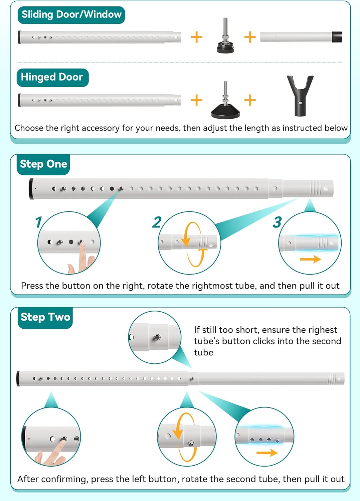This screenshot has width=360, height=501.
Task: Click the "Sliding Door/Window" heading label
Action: click(71, 15)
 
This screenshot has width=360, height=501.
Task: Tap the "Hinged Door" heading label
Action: click(52, 77)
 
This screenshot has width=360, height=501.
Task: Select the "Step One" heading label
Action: click(43, 164)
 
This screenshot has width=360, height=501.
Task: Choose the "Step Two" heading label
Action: click(45, 317)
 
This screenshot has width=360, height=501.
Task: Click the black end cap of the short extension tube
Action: click(337, 37)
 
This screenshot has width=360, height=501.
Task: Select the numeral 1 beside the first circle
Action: click(38, 222)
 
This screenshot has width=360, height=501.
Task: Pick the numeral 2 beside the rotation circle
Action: click(157, 222)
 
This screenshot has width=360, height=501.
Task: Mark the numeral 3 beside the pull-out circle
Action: click(277, 222)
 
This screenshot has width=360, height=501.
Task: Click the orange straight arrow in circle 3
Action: click(310, 259)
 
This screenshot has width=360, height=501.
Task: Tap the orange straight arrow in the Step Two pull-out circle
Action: click(267, 453)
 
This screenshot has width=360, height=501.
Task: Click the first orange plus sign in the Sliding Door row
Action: click(197, 37)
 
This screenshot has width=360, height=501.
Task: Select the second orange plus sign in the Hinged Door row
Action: click(250, 100)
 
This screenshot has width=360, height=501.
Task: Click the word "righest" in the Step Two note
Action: click(323, 330)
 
